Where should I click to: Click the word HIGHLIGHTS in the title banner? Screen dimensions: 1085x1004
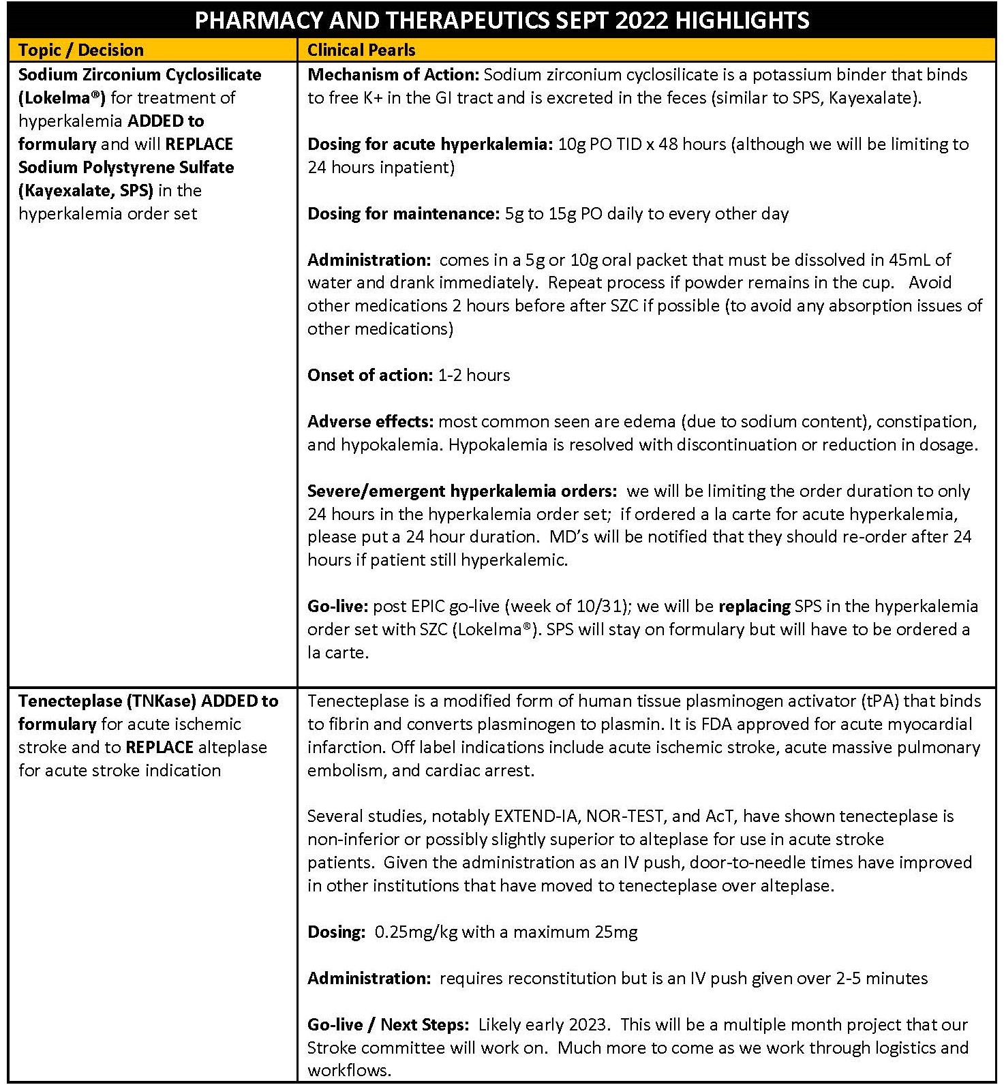(x=742, y=20)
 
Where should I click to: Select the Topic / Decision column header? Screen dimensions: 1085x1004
(x=81, y=50)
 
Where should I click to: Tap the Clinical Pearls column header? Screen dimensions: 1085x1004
(x=361, y=50)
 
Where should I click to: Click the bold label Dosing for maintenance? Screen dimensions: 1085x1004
(x=404, y=213)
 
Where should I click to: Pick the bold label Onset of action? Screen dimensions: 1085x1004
(x=369, y=375)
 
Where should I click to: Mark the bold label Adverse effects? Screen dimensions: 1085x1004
(x=371, y=421)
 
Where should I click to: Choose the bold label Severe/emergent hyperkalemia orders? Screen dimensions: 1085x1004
(x=462, y=491)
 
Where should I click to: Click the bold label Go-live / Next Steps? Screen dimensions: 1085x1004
(x=388, y=1024)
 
